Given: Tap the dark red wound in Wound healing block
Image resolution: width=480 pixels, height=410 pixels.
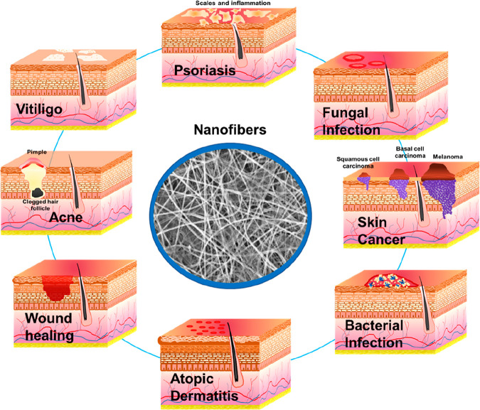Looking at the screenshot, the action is (x=53, y=288).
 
